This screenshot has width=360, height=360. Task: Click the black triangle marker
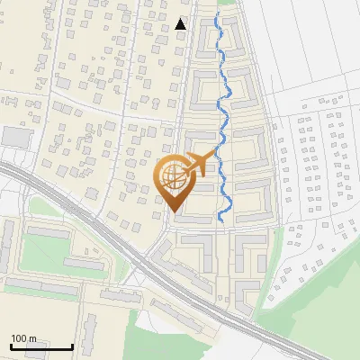(x=182, y=23)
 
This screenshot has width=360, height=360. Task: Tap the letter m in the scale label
(x=32, y=338)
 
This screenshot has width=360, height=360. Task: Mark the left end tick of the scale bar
(x=11, y=346)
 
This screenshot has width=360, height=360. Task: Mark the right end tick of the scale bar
(x=72, y=346)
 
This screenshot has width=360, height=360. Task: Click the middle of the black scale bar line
(x=41, y=347)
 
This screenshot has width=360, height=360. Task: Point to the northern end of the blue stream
(x=217, y=14)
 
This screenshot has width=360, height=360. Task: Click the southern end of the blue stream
(x=221, y=220)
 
